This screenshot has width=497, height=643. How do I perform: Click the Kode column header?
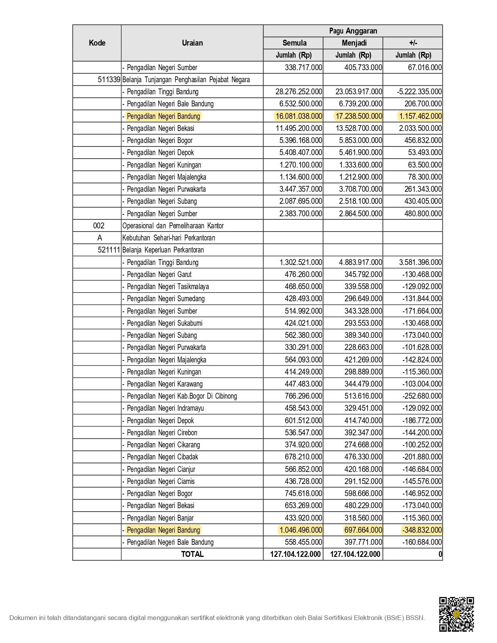(x=97, y=43)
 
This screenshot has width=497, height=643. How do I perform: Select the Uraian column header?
(x=192, y=43)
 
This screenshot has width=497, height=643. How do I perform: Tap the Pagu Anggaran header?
(x=353, y=31)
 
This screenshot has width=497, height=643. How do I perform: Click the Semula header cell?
(x=294, y=43)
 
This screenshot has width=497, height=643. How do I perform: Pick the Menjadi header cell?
(x=354, y=43)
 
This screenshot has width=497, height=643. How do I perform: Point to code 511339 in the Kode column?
(x=109, y=79)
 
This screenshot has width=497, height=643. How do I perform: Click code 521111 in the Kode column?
(x=109, y=250)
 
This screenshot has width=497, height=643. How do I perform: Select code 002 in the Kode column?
(x=99, y=226)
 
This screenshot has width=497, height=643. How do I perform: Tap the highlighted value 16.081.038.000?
(x=299, y=116)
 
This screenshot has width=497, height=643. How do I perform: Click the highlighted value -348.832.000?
(x=422, y=530)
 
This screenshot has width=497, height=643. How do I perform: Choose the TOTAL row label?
(x=192, y=554)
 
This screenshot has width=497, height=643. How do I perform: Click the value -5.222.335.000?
(x=419, y=92)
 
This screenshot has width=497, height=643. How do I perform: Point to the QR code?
(x=456, y=614)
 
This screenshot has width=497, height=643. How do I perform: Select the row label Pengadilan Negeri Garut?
(x=159, y=274)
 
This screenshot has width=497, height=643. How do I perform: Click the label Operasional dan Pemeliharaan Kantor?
(x=173, y=226)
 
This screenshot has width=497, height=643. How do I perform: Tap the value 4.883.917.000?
(x=361, y=262)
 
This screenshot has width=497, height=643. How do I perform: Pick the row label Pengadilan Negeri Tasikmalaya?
(x=168, y=286)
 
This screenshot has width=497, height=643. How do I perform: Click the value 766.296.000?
(x=303, y=396)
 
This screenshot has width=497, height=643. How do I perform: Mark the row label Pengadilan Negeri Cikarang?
(x=163, y=445)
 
